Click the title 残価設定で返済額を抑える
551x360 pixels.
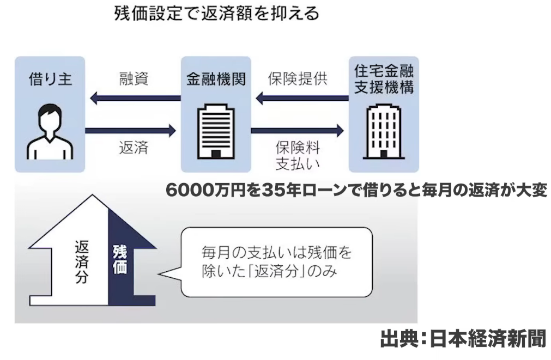216,13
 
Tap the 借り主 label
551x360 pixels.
50,80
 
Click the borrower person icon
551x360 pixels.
50,130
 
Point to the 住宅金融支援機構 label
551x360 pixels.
384,79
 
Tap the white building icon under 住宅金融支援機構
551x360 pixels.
384,130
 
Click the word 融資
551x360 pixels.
134,78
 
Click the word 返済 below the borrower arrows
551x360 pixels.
134,148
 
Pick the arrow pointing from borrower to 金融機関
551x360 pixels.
131,130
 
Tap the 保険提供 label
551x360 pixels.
298,78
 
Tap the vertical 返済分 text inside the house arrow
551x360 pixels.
81,261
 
